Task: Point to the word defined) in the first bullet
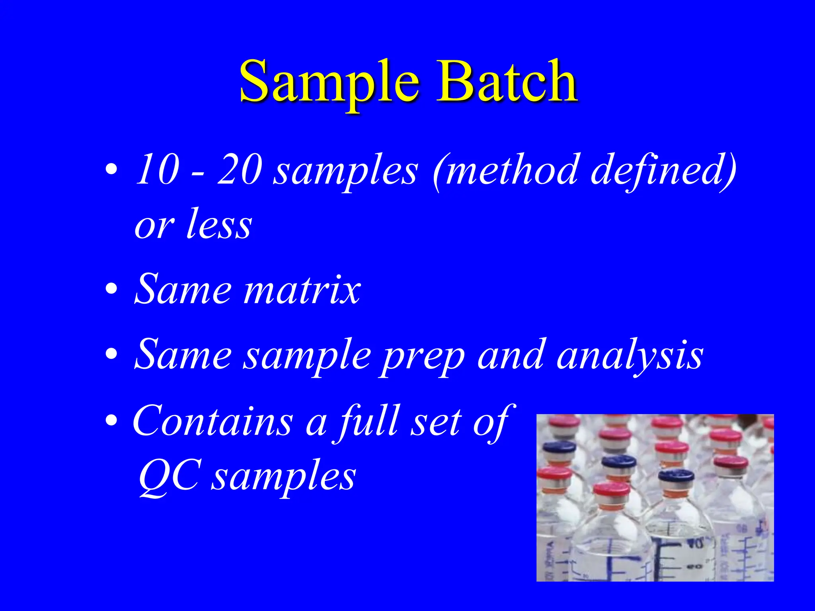click(663, 169)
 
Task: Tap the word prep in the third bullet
click(421, 355)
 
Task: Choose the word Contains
click(213, 421)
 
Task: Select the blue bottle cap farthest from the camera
click(559, 447)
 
